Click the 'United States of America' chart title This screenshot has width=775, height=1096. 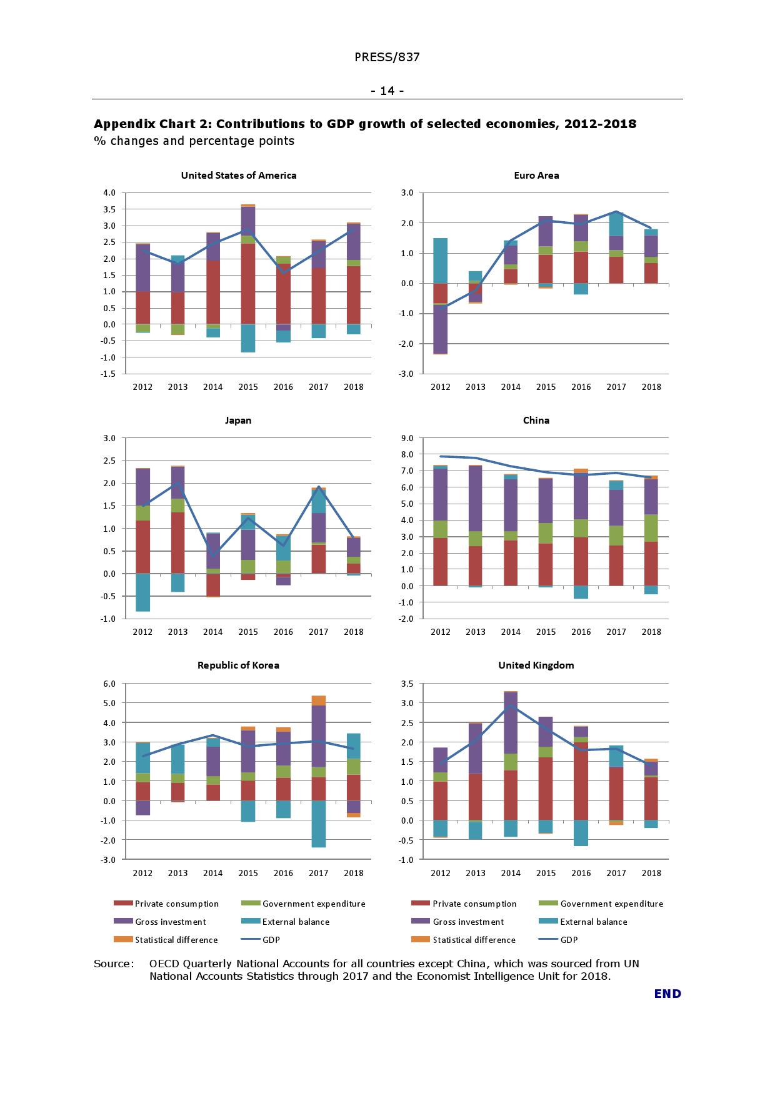pos(238,176)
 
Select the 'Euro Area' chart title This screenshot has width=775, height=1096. pos(536,176)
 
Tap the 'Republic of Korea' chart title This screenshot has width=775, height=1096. pos(238,665)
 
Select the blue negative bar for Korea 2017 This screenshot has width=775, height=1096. pos(318,824)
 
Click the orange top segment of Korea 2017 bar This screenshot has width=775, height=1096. pos(318,700)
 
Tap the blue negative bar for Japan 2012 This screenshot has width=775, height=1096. pos(142,592)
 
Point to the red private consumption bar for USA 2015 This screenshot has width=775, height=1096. pos(248,284)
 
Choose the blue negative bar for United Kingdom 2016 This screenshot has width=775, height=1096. pos(581,833)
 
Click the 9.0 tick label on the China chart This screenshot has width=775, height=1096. pos(407,438)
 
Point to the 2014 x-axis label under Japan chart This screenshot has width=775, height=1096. pos(212,632)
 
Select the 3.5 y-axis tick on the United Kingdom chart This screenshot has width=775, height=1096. pos(407,684)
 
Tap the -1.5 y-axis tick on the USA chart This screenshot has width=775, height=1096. pos(109,374)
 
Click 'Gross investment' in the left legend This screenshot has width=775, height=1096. pos(170,922)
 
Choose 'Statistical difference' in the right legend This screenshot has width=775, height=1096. pos(474,940)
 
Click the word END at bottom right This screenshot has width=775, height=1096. pos(667,994)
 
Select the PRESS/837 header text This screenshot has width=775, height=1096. pos(387,57)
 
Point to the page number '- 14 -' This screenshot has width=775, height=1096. pos(387,91)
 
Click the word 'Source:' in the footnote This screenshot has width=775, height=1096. pos(114,964)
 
